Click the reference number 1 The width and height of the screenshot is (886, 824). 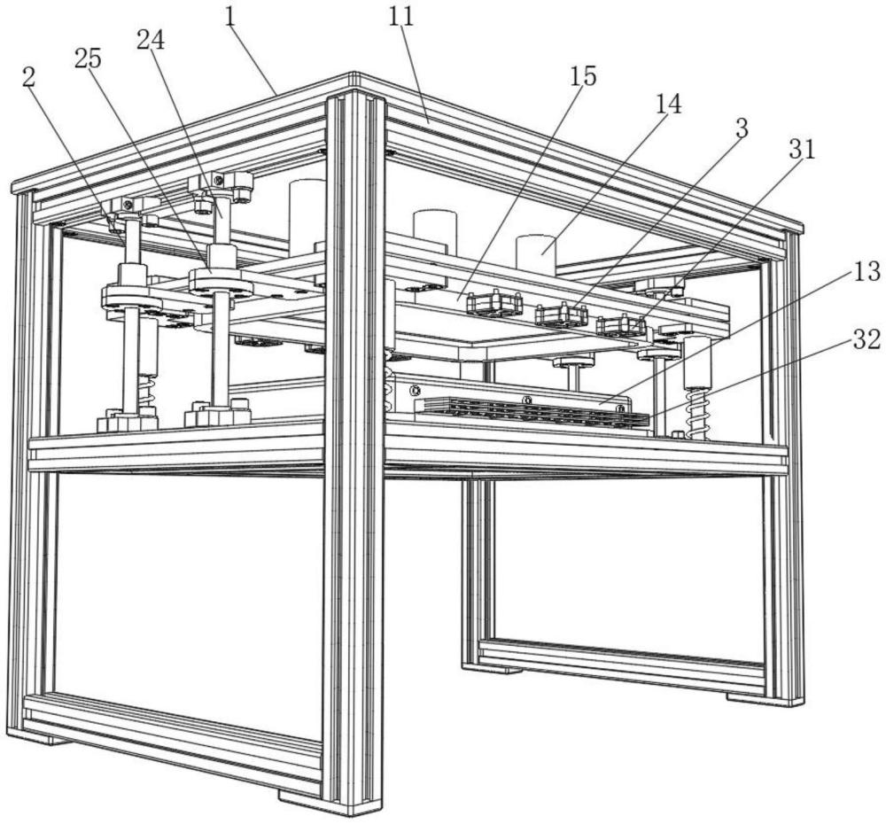click(x=230, y=17)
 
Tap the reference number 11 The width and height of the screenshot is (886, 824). click(x=401, y=17)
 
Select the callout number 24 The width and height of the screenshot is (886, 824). click(x=151, y=40)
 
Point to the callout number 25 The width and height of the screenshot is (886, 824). click(x=88, y=58)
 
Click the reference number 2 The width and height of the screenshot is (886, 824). click(x=28, y=77)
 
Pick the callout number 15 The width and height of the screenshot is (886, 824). click(x=583, y=75)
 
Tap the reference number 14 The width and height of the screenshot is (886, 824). click(x=668, y=104)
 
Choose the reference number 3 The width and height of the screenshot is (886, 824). click(x=742, y=128)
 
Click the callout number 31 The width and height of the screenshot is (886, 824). click(x=803, y=149)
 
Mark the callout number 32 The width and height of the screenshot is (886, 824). click(x=867, y=339)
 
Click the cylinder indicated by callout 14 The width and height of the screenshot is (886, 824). click(x=536, y=252)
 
